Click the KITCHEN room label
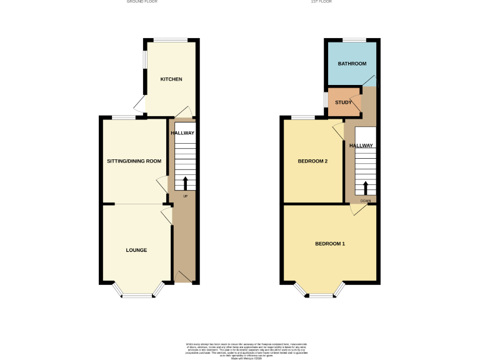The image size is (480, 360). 171,79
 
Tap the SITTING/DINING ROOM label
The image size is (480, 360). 134,161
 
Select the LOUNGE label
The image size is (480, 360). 136,250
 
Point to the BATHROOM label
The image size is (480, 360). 352,64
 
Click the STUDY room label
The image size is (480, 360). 343,102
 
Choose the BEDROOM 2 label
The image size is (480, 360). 312,161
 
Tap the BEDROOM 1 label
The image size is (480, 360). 329,243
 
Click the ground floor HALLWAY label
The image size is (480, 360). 183,133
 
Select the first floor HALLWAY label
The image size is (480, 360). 361,146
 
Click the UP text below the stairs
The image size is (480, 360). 185,197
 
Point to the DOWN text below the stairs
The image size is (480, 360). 366,201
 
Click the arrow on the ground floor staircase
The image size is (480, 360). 185,183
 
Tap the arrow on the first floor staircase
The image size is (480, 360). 366,189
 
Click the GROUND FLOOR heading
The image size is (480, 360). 142,2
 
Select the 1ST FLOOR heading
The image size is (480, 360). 321,2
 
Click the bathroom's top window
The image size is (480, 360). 353,41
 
